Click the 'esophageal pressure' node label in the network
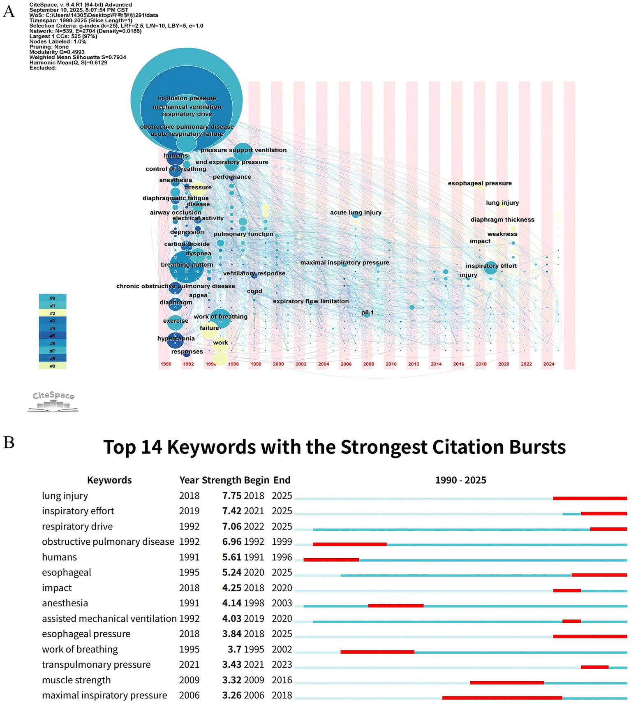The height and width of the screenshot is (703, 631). (x=480, y=183)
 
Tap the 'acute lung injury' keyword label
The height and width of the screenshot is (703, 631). (x=356, y=213)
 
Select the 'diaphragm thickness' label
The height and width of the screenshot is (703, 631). (x=502, y=220)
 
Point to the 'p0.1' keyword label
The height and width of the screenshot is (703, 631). (x=368, y=312)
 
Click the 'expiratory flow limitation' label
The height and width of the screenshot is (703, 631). (x=311, y=301)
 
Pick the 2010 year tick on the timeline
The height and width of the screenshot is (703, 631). (x=391, y=364)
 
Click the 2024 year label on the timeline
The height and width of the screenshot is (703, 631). (x=548, y=364)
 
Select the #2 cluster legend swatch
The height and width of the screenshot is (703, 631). (x=53, y=313)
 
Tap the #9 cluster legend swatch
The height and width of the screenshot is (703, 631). (x=53, y=366)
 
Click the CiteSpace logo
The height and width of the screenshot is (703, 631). (x=53, y=401)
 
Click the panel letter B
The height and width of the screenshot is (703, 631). (x=9, y=443)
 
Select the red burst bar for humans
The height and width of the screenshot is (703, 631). (x=331, y=560)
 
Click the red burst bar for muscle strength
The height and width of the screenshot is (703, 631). (x=507, y=682)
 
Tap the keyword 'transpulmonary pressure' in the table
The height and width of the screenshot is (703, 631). (x=96, y=665)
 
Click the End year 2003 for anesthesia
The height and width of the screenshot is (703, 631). (x=282, y=603)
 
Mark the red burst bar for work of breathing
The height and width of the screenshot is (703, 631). (x=377, y=652)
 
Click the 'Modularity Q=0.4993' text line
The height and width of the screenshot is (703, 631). (x=57, y=52)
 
